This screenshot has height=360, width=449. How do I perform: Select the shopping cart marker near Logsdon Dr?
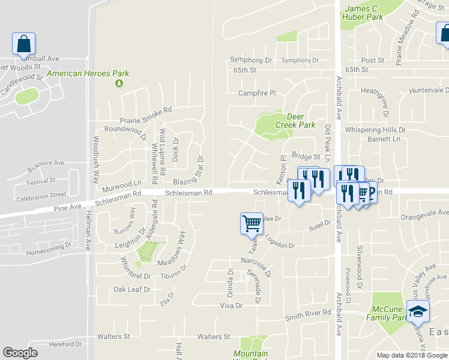point(252,223)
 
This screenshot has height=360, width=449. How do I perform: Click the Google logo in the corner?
point(20,353)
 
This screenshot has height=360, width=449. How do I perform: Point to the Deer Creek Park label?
point(295,121)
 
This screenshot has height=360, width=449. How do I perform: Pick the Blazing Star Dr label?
point(200,168)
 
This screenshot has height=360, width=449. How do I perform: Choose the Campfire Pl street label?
point(256,93)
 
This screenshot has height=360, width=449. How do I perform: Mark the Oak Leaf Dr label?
point(131,289)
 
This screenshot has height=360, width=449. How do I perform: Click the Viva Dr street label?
point(231,305)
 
